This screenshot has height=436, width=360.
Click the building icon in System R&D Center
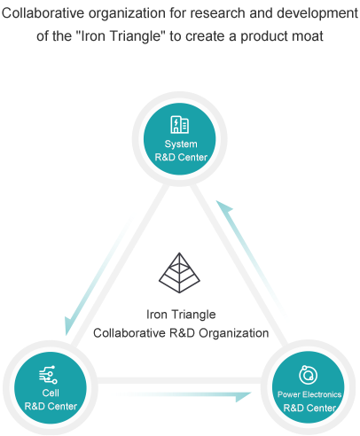[x=180, y=124]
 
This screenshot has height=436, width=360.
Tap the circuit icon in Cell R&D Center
[x=48, y=375]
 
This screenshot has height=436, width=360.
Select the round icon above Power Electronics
[x=308, y=375]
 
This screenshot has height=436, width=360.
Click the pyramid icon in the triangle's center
[x=179, y=273]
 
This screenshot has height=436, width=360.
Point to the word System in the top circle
[x=181, y=144]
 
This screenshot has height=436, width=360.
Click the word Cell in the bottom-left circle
[x=51, y=393]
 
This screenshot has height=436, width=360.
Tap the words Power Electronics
[x=309, y=394]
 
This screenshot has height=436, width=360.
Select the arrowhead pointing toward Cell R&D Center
[x=68, y=326]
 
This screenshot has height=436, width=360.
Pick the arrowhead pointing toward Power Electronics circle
[x=244, y=397]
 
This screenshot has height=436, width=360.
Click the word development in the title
[x=317, y=13]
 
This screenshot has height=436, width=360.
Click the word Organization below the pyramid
[x=233, y=333]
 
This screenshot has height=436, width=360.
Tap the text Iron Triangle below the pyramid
[x=181, y=315]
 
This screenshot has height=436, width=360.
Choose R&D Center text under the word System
[x=181, y=157]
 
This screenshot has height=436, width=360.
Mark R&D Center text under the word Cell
[x=51, y=406]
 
